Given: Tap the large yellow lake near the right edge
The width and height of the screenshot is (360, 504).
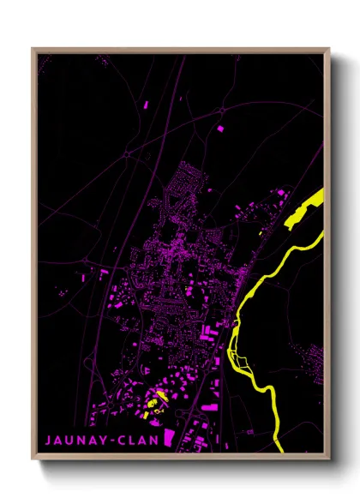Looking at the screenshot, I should [305, 209].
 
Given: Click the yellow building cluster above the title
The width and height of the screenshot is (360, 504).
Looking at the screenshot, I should [154, 400].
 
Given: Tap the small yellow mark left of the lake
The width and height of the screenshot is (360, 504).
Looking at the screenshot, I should [261, 231].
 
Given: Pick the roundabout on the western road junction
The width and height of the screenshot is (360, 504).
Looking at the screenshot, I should [128, 153].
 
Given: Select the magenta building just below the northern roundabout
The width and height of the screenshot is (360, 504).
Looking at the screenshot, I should [219, 128].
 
